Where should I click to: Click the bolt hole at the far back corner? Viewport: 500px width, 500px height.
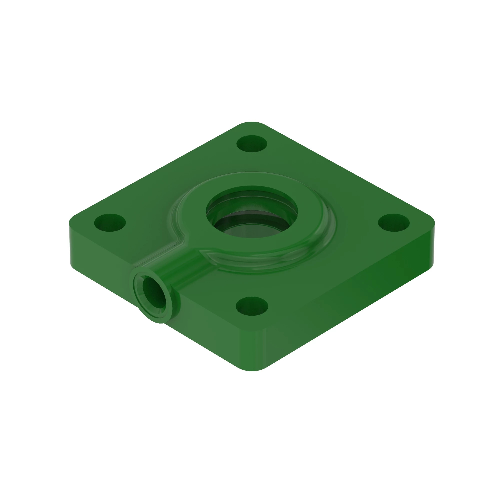pyautogui.click(x=252, y=144)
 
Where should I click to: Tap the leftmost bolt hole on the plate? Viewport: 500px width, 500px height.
pyautogui.click(x=110, y=222)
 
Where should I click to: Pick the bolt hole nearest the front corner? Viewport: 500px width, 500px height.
pyautogui.click(x=252, y=307)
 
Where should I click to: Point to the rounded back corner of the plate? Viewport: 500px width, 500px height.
pyautogui.click(x=252, y=124)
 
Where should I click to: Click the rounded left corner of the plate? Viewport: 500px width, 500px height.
pyautogui.click(x=74, y=220)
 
